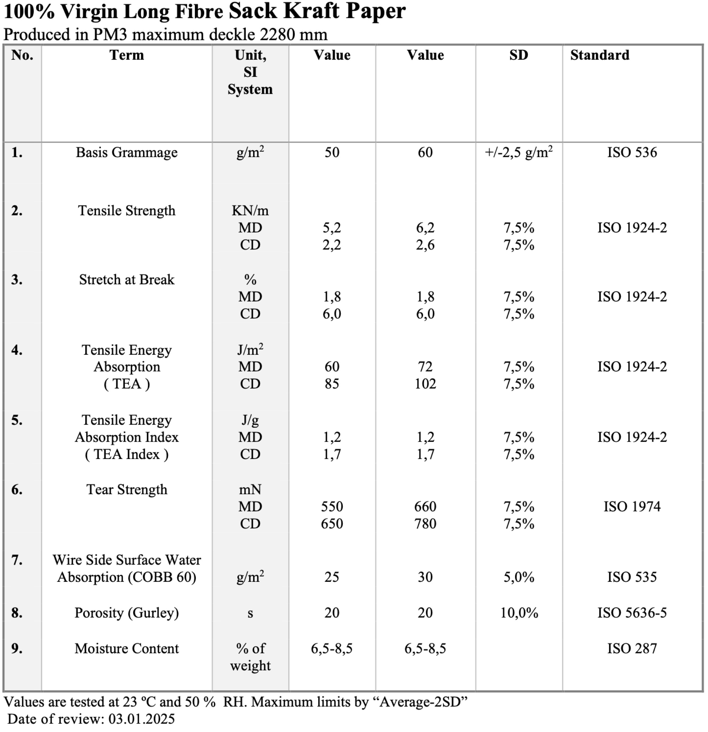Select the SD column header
[519, 55]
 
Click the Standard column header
[600, 55]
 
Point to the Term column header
[127, 55]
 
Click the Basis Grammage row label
[127, 152]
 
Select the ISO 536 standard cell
[632, 152]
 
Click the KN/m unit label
[250, 211]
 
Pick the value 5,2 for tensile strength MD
[332, 228]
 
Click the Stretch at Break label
[127, 280]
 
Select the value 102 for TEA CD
[425, 384]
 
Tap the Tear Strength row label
[127, 490]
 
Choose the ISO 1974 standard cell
[632, 507]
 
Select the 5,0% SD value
[519, 577]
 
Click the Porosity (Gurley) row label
[127, 613]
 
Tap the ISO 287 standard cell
[632, 649]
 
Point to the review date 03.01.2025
[141, 719]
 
